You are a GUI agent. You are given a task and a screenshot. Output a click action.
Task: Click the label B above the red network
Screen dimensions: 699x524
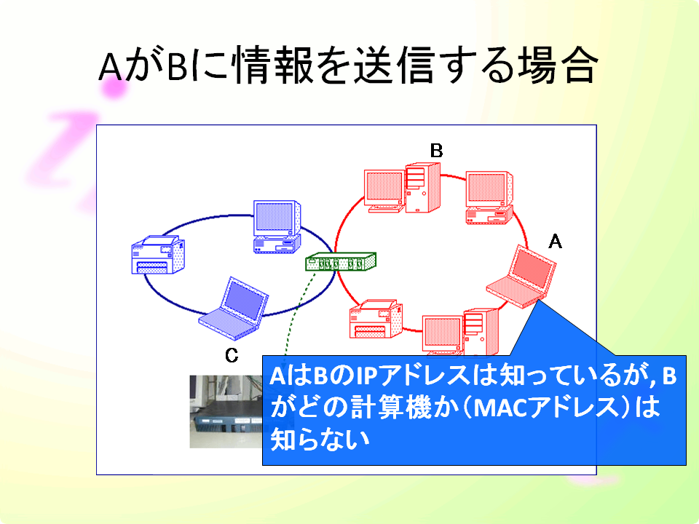click(436, 151)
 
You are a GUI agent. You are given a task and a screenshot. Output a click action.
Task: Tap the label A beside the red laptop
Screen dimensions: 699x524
click(555, 242)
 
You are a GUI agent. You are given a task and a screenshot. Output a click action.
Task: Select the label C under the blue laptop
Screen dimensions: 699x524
click(232, 355)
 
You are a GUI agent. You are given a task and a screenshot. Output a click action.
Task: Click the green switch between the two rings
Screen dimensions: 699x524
click(341, 261)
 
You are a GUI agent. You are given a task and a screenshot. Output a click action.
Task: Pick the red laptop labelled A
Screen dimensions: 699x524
click(521, 277)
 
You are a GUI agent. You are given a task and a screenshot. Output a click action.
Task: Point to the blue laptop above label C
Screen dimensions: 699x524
click(234, 309)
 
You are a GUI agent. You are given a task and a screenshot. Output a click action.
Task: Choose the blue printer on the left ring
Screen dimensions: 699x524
click(158, 255)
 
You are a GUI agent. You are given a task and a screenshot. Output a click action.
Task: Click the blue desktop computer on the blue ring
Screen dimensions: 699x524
click(277, 227)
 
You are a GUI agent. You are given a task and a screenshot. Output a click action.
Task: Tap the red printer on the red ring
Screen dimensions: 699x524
click(376, 319)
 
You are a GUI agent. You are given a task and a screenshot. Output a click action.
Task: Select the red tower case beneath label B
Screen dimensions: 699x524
click(422, 188)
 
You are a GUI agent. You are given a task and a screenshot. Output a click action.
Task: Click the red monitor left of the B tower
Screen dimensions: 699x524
click(384, 190)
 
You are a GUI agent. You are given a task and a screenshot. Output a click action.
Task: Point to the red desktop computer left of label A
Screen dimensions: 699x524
click(489, 197)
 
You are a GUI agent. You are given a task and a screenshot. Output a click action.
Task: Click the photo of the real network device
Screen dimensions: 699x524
click(226, 412)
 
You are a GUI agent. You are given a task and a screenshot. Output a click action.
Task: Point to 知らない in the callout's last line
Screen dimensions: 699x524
click(320, 440)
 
